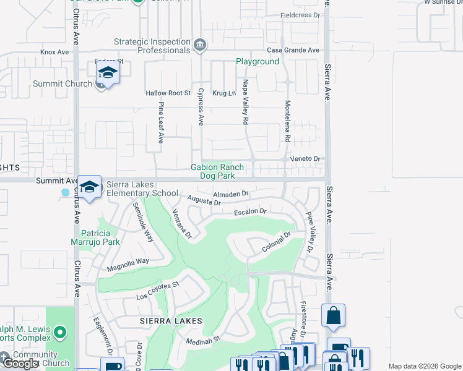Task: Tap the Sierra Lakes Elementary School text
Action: point(142,189)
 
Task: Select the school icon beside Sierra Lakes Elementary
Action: point(90,187)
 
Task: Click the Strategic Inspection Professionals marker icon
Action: point(200,45)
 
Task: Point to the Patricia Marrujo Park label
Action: point(100,237)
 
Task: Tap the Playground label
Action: point(257,62)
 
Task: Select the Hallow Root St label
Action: point(168,93)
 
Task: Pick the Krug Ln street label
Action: point(224,93)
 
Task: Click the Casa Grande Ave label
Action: point(293,50)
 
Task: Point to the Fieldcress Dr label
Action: point(300,15)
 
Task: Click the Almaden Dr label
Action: point(230,194)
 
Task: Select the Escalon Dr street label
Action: point(250,211)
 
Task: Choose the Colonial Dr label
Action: point(276,242)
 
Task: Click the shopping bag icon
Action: point(334,315)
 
